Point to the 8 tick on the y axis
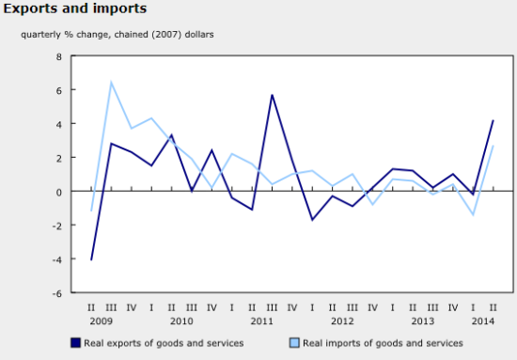pos(58,56)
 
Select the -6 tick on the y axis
pos(56,292)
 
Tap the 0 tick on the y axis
pos(58,192)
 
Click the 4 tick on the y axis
pos(58,124)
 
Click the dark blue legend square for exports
pos(74,343)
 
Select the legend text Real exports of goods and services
pos(164,343)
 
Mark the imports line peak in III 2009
pos(112,83)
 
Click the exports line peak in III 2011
pos(272,95)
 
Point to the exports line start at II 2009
pos(92,259)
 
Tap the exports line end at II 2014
pos(493,120)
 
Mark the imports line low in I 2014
pos(473,215)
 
